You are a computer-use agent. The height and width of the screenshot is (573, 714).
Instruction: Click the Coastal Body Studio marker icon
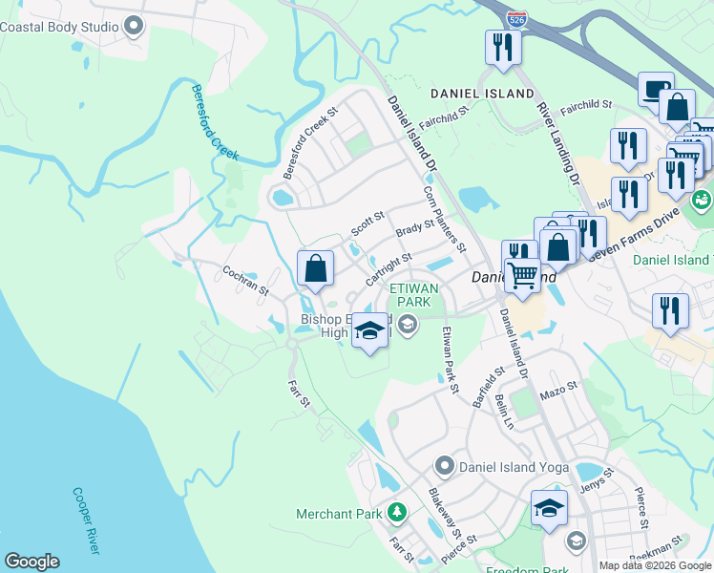tap(134, 26)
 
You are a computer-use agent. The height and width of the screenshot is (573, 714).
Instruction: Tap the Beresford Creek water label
tap(213, 122)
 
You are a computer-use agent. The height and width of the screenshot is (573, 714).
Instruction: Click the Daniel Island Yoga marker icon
tap(444, 467)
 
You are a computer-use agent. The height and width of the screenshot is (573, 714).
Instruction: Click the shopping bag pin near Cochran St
tap(316, 269)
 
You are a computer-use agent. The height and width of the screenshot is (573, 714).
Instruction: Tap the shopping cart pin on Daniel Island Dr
tap(522, 276)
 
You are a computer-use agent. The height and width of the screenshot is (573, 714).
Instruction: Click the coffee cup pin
tap(655, 90)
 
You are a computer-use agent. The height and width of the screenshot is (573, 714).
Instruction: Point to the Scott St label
tap(367, 224)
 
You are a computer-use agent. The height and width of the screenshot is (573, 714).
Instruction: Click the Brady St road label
tap(415, 230)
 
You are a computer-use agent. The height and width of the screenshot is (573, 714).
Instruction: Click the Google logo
tap(31, 562)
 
